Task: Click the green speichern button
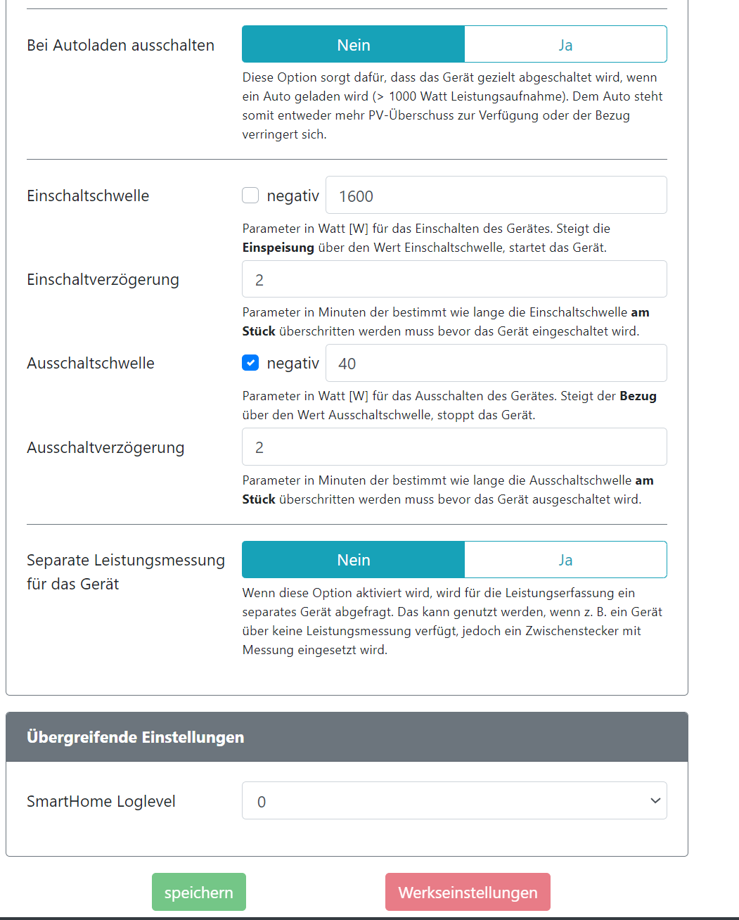198,892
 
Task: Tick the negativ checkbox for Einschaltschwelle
250,196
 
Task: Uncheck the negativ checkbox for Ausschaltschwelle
250,363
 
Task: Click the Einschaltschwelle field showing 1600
496,196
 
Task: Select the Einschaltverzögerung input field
454,279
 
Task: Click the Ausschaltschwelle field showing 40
496,363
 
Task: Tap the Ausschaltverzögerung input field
454,447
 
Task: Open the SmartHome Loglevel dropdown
454,800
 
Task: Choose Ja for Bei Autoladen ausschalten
565,44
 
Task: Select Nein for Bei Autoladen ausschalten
353,44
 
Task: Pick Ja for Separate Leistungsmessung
565,559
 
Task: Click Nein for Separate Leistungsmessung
353,559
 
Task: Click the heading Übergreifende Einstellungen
135,737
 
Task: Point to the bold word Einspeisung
278,248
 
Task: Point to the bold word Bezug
638,396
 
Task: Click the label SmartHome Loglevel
101,801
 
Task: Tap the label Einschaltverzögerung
103,279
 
